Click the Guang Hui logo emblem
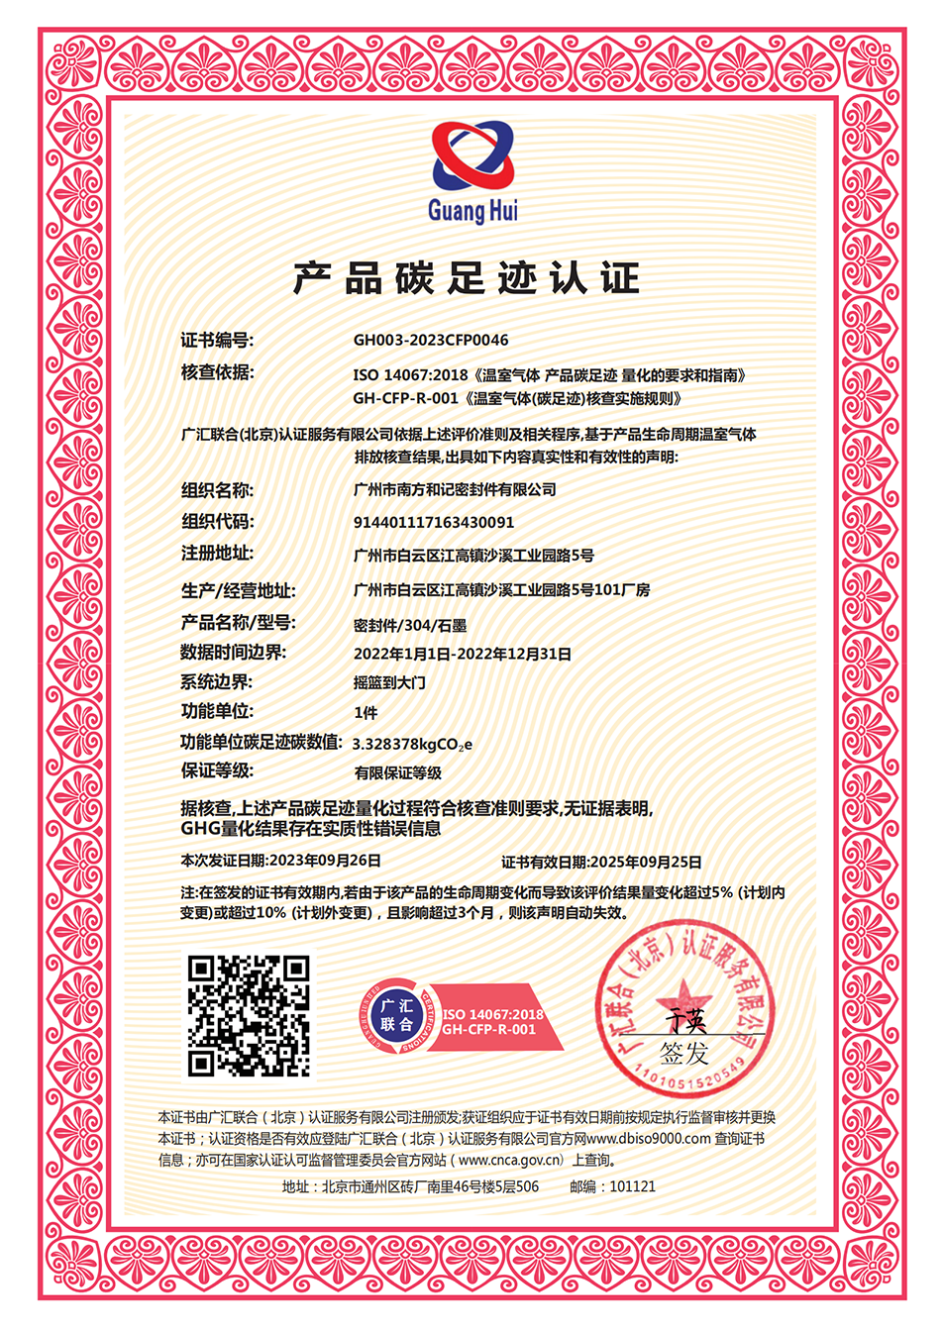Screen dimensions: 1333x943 [473, 155]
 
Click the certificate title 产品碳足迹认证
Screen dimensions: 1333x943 [467, 278]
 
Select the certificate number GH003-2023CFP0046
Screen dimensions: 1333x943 [431, 340]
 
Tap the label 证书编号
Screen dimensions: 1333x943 [217, 340]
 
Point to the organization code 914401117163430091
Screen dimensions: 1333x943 [434, 522]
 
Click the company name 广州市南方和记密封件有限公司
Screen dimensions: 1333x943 [455, 489]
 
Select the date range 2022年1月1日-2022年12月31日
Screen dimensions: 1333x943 [463, 654]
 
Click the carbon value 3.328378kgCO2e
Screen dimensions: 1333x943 [412, 744]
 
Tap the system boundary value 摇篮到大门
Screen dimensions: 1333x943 [389, 682]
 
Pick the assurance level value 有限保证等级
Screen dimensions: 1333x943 [398, 772]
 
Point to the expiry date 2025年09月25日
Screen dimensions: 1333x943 [645, 862]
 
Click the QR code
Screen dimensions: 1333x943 [249, 1015]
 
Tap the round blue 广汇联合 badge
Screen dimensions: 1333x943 [396, 1015]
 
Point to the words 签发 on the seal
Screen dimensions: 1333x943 [684, 1052]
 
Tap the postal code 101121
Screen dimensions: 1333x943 [632, 1186]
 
